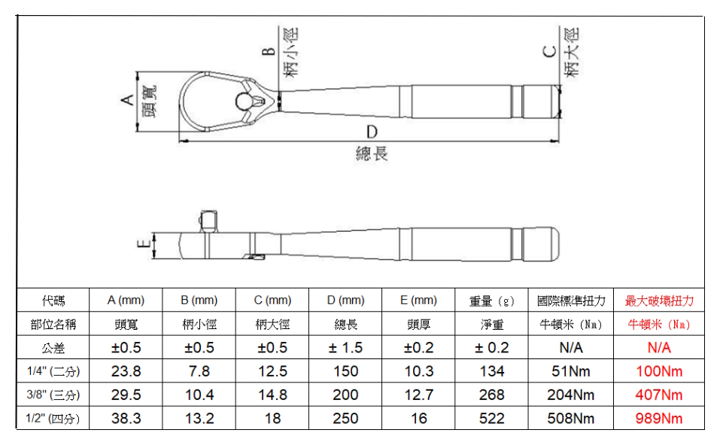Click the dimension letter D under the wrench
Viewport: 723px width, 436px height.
click(x=372, y=132)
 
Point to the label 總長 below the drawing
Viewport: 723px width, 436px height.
click(x=372, y=154)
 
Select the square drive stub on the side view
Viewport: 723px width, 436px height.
click(x=208, y=221)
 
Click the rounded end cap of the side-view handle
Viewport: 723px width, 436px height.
click(x=542, y=244)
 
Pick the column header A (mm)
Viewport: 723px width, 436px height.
click(x=126, y=300)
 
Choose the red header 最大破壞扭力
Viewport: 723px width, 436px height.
click(x=659, y=300)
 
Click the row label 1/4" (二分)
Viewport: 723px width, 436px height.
click(x=53, y=371)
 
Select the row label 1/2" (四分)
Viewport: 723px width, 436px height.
click(x=53, y=419)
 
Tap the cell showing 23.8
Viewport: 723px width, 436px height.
click(x=126, y=371)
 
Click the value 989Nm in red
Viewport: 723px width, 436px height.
click(x=659, y=419)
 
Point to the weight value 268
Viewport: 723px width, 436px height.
click(x=491, y=395)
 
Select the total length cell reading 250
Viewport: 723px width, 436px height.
click(x=345, y=419)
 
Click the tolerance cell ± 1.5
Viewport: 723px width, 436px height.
click(x=345, y=347)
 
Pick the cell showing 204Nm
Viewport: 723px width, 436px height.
click(x=571, y=395)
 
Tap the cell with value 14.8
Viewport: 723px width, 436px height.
click(x=272, y=395)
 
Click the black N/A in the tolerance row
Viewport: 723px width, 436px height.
click(x=571, y=347)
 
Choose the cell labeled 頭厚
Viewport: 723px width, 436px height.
click(x=418, y=325)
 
